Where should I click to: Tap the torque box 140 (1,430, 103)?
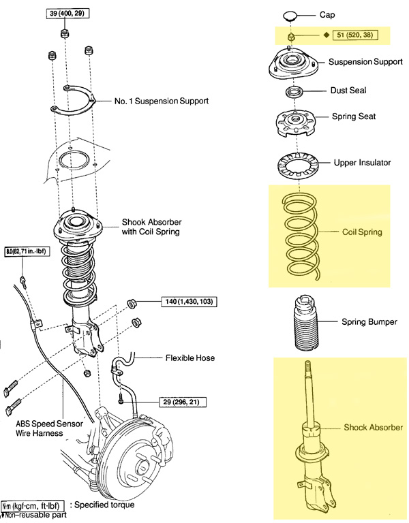[x=190, y=300]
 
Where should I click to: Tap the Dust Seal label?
[x=348, y=89]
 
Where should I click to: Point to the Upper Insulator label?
[x=362, y=163]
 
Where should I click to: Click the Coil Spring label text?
[x=362, y=232]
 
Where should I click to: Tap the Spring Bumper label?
[x=368, y=321]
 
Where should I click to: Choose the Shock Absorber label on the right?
[x=373, y=427]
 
